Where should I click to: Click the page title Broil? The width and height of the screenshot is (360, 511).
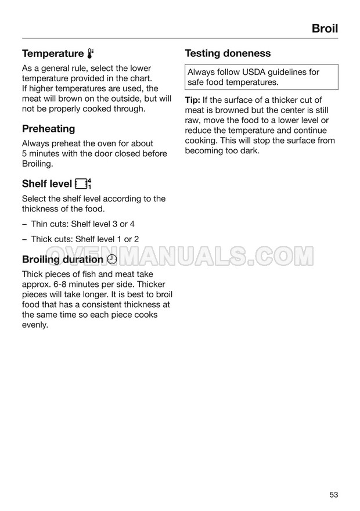tap(325, 28)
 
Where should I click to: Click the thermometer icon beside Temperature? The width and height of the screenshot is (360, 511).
tap(90, 53)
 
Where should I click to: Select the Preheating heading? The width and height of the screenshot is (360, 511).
tap(49, 128)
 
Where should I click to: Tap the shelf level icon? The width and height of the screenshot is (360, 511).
tap(84, 184)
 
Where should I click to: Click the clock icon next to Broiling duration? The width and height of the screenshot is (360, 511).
tap(113, 260)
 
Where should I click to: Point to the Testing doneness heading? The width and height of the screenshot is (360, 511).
tap(228, 53)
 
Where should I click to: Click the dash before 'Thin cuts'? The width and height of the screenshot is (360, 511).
tap(24, 224)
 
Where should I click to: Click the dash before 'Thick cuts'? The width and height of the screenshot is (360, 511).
tap(24, 239)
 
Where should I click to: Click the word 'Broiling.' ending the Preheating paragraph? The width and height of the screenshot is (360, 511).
tap(38, 164)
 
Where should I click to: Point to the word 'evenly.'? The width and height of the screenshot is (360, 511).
tap(35, 325)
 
